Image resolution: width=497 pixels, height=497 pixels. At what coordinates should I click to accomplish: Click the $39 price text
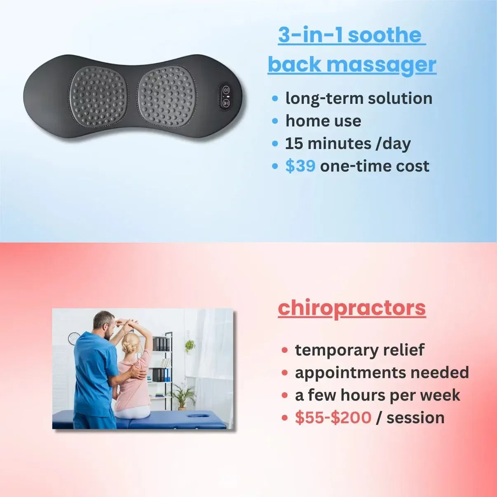300,166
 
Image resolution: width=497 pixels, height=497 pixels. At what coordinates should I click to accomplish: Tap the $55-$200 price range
333,417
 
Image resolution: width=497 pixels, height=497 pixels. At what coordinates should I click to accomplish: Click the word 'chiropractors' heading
352,308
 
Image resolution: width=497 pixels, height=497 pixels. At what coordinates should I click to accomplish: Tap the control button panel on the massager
226,96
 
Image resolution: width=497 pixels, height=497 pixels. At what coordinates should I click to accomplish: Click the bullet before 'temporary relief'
284,350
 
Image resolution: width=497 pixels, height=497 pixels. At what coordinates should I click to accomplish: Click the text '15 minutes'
328,143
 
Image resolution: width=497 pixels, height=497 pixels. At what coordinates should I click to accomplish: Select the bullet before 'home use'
275,121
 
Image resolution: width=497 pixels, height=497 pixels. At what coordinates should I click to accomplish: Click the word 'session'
415,417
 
